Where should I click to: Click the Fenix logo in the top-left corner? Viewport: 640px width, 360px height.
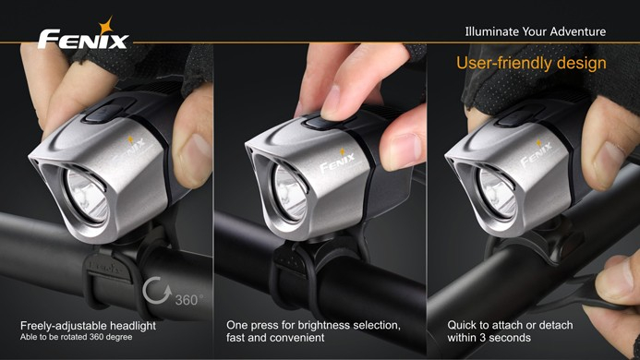tap(83, 40)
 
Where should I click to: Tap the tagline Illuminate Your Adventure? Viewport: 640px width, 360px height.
tap(535, 31)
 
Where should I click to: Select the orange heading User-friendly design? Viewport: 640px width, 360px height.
tap(531, 64)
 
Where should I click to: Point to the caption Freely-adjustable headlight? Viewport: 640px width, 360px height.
tap(89, 325)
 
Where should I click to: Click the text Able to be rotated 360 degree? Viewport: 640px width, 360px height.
tap(76, 337)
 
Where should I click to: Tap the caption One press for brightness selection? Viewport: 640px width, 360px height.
tap(313, 325)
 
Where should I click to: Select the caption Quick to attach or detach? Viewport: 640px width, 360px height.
tap(510, 325)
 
